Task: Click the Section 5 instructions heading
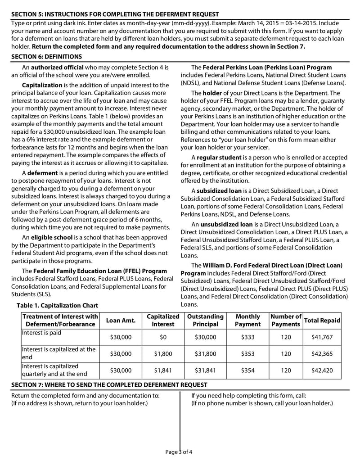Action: [x=115, y=14]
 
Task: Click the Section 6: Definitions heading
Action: [x=46, y=57]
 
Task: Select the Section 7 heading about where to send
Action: [x=109, y=385]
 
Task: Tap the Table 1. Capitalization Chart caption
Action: [x=57, y=306]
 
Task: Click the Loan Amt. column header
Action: [x=121, y=320]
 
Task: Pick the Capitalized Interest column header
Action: [x=163, y=320]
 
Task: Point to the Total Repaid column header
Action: [x=322, y=320]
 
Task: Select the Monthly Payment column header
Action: [x=247, y=320]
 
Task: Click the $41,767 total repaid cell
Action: [x=322, y=337]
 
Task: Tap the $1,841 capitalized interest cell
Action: [x=163, y=371]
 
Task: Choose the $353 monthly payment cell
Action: [x=247, y=354]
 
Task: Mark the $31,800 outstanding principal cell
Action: [x=205, y=354]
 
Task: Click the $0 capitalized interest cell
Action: [x=163, y=337]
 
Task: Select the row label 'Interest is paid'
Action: [x=41, y=333]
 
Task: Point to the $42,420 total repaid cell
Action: [x=322, y=371]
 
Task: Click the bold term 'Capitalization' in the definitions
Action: [x=42, y=85]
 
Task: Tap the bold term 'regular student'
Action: [x=218, y=158]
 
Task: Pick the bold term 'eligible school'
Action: [x=49, y=237]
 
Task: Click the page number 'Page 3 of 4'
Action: [x=179, y=452]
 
